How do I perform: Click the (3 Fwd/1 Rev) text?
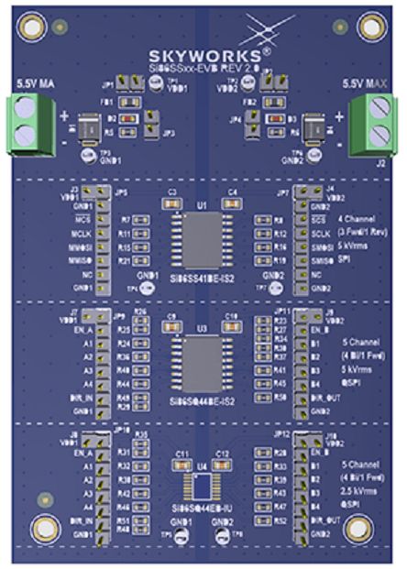(360, 233)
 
